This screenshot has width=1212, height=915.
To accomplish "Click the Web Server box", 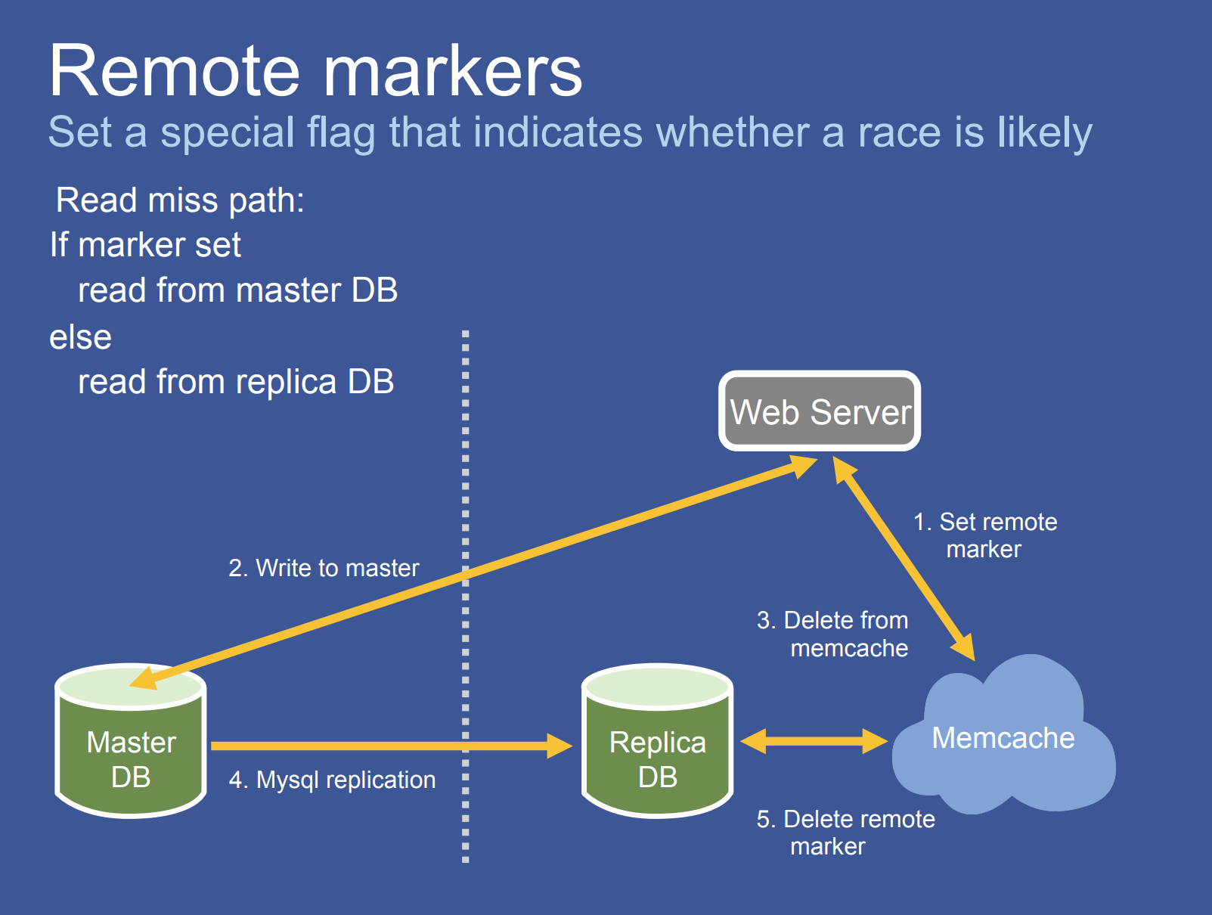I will coord(820,411).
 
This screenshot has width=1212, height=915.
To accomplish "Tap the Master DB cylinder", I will coord(131,749).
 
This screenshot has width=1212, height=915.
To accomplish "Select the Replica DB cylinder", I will coord(657,749).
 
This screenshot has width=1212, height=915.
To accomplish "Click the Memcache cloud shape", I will coord(1003,738).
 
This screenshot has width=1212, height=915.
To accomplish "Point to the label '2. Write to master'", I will coord(324,568).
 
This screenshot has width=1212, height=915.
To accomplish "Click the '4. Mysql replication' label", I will coord(332,780).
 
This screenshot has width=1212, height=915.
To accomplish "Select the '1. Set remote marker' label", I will coord(985,535).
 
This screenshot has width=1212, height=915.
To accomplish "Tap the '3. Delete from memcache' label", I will coord(833,634).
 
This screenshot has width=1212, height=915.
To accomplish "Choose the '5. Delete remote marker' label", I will coord(845,832).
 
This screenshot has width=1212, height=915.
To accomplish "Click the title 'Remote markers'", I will coord(316,71).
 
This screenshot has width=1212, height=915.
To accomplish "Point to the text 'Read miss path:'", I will coord(180,200).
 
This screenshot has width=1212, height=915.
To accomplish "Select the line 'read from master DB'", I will coord(237,290).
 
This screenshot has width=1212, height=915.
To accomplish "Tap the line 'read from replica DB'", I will coord(236,382).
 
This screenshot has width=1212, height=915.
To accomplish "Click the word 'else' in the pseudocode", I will coord(80,337).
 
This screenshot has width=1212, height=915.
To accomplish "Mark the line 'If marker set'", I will coord(145,245).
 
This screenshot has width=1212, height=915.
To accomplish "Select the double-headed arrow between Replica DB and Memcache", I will coord(814,741).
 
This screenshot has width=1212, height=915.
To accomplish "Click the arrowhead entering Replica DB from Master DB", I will coord(560,746).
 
